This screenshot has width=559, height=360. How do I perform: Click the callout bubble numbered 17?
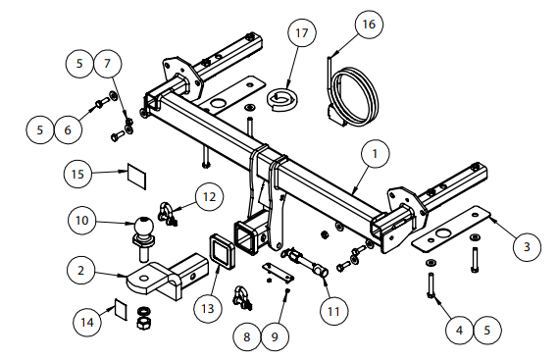pyautogui.click(x=302, y=32)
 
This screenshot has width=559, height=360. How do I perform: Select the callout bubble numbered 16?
pyautogui.click(x=369, y=25)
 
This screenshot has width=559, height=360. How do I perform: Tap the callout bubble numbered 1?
pyautogui.click(x=375, y=154)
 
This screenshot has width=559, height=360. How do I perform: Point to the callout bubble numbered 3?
pyautogui.click(x=527, y=247)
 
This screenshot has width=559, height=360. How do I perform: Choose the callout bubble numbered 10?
pyautogui.click(x=82, y=221)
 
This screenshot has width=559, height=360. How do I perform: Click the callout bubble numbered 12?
pyautogui.click(x=209, y=197)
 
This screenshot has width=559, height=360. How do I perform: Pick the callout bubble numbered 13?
pyautogui.click(x=208, y=308)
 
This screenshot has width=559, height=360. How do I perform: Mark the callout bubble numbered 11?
pyautogui.click(x=333, y=312)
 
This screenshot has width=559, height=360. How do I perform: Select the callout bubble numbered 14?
pyautogui.click(x=87, y=322)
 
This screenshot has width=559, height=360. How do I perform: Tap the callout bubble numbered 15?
pyautogui.click(x=77, y=175)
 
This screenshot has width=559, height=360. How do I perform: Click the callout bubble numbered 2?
pyautogui.click(x=81, y=270)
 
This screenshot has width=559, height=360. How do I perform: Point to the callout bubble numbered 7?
pyautogui.click(x=107, y=64)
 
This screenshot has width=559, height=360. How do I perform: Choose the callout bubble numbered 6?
pyautogui.click(x=68, y=129)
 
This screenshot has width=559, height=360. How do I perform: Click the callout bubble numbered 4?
pyautogui.click(x=460, y=330)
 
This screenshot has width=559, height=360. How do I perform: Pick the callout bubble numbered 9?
pyautogui.click(x=275, y=336)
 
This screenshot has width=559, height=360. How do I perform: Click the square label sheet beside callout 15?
pyautogui.click(x=137, y=177)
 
